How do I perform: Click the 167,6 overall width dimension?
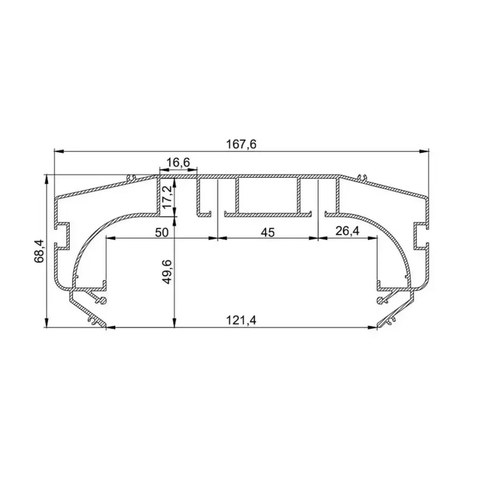pyautogui.click(x=241, y=144)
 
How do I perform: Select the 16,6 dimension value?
pyautogui.click(x=178, y=163)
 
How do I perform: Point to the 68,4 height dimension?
pyautogui.click(x=39, y=251)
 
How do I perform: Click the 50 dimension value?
pyautogui.click(x=161, y=233)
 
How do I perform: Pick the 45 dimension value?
pyautogui.click(x=267, y=233)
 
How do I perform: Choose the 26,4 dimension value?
pyautogui.click(x=347, y=232)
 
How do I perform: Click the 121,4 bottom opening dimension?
pyautogui.click(x=241, y=320)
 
